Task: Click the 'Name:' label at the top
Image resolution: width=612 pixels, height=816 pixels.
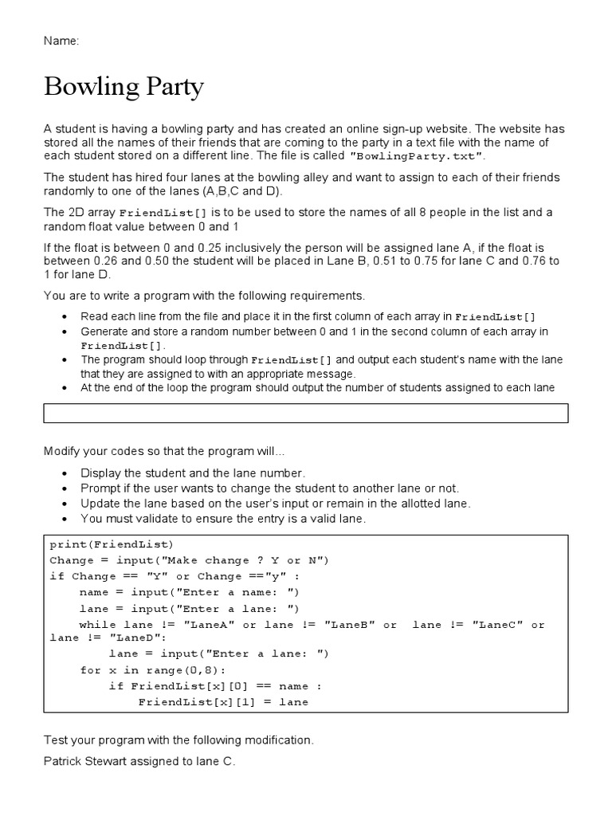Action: point(61,41)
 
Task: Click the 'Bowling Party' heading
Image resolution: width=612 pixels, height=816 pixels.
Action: point(124,88)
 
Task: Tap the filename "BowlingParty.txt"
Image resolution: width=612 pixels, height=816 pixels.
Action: point(417,156)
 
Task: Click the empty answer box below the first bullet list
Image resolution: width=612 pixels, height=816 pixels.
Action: point(306,413)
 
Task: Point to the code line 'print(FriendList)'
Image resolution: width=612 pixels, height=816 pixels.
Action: point(111,544)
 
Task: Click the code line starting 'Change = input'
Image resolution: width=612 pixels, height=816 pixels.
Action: point(189,560)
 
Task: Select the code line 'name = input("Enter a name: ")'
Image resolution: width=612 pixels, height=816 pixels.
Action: point(189,592)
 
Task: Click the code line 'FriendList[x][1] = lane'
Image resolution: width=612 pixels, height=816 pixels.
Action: point(223,702)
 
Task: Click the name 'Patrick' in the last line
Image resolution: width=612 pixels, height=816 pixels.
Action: point(64,762)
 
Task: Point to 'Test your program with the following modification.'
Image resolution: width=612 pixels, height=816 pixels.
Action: point(178,740)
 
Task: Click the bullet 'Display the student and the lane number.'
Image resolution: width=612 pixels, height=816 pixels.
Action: point(193,473)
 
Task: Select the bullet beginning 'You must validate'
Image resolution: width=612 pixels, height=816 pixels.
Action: point(223,519)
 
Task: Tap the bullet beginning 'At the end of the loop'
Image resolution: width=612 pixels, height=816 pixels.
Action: point(317,388)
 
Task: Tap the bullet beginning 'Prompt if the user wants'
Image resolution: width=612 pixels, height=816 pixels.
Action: point(269,488)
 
